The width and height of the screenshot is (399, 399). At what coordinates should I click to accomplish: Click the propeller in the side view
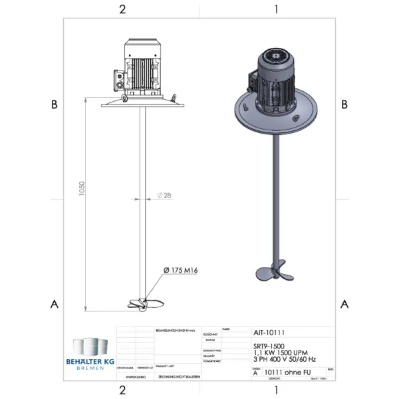point(144,304)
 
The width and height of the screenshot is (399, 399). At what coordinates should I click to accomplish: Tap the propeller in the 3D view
point(273,273)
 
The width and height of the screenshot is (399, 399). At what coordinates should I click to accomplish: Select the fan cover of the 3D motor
point(275,59)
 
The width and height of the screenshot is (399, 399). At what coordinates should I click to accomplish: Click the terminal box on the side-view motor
point(120,78)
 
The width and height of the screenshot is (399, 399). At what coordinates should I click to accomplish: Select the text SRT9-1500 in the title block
point(269,346)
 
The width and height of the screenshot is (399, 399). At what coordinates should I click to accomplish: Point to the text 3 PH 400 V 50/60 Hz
point(285,359)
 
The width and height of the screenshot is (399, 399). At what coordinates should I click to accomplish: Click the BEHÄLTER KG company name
point(90,360)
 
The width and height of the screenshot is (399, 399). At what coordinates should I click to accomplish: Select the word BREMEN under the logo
point(90,368)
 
